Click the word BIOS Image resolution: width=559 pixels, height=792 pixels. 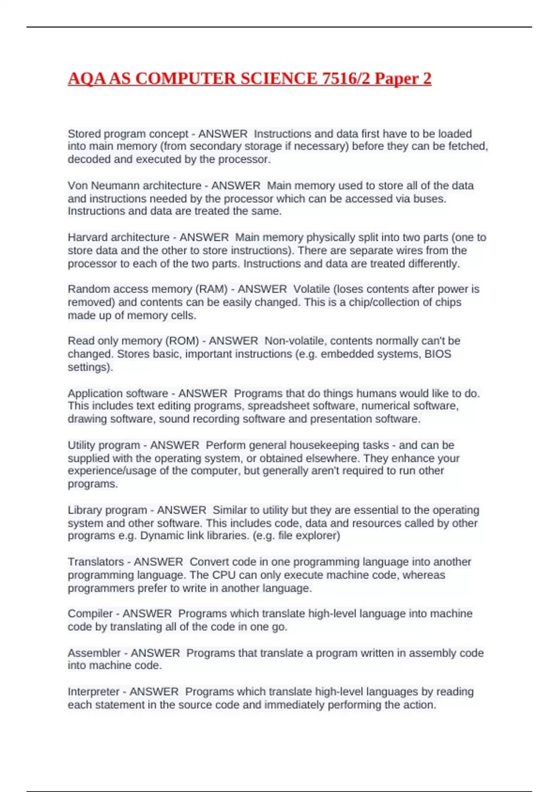coord(437,354)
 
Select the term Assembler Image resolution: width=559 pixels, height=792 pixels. coord(94,653)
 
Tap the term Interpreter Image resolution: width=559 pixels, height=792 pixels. coord(93,692)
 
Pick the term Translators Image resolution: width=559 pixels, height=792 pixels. coord(95,562)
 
